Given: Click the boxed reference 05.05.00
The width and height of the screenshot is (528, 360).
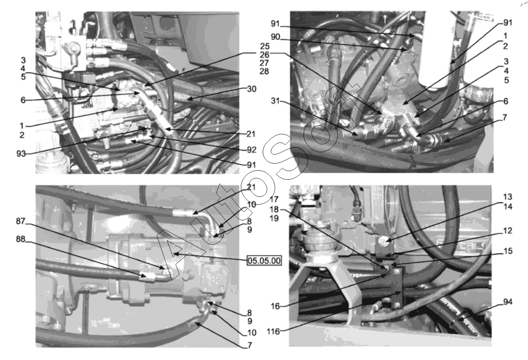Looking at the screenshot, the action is point(264,261).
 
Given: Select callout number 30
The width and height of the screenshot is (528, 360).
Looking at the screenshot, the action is point(251,89).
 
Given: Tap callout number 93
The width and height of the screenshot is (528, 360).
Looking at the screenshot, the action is point(21,154).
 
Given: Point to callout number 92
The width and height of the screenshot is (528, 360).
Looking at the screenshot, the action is point(251,150).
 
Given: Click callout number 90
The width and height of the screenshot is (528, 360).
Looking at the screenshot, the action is point(275,37).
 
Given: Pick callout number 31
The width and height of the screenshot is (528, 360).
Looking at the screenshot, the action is point(275,101).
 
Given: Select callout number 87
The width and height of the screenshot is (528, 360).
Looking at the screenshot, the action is point(20,221).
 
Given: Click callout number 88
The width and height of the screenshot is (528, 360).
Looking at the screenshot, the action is point(20,239).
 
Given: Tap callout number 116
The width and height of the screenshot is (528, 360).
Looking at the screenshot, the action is point(273,332).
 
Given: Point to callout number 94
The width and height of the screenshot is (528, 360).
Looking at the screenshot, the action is point(508,302).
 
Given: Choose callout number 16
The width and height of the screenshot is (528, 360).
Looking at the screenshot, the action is point(275,306).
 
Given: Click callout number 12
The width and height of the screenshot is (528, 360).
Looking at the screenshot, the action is point(508,230).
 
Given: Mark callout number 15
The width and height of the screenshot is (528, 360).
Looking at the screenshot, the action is point(508,251).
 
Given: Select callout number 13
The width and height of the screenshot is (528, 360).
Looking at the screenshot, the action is point(508,197).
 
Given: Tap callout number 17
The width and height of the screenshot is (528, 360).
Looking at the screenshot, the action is point(274,199).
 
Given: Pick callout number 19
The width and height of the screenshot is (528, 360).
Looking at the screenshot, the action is point(274,219).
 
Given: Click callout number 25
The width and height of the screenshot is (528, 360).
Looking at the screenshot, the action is point(265,46).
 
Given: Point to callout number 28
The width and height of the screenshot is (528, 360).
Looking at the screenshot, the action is point(264,71).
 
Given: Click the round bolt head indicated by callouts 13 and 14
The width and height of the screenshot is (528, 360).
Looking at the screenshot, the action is point(382,241).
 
